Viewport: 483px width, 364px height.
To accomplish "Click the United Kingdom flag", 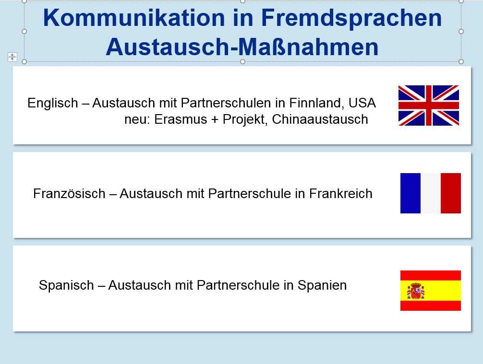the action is click(x=428, y=105).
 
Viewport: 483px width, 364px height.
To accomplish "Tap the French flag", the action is click(x=430, y=193).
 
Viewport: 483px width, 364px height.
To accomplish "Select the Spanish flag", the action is click(x=430, y=291).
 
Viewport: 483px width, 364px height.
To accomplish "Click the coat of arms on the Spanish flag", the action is click(x=415, y=291).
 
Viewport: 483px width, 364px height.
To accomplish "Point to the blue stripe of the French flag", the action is click(x=411, y=193).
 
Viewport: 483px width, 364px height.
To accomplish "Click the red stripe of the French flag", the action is click(x=451, y=193).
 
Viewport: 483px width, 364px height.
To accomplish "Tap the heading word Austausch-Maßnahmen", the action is click(x=242, y=47).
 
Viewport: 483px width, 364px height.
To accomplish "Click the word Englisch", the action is click(x=53, y=103).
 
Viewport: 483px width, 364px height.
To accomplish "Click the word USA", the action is click(x=362, y=103).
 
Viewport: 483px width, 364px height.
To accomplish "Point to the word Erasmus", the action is click(x=181, y=119).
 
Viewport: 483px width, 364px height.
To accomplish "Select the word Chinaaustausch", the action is click(x=320, y=119).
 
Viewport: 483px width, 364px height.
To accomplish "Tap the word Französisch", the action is click(x=69, y=194).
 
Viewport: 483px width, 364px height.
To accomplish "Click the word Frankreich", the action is click(x=341, y=194).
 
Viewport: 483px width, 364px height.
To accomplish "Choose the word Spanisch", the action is click(x=66, y=285).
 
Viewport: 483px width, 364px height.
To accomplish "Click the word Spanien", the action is click(x=322, y=285).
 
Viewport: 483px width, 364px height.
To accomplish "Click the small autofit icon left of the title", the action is click(x=12, y=57).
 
